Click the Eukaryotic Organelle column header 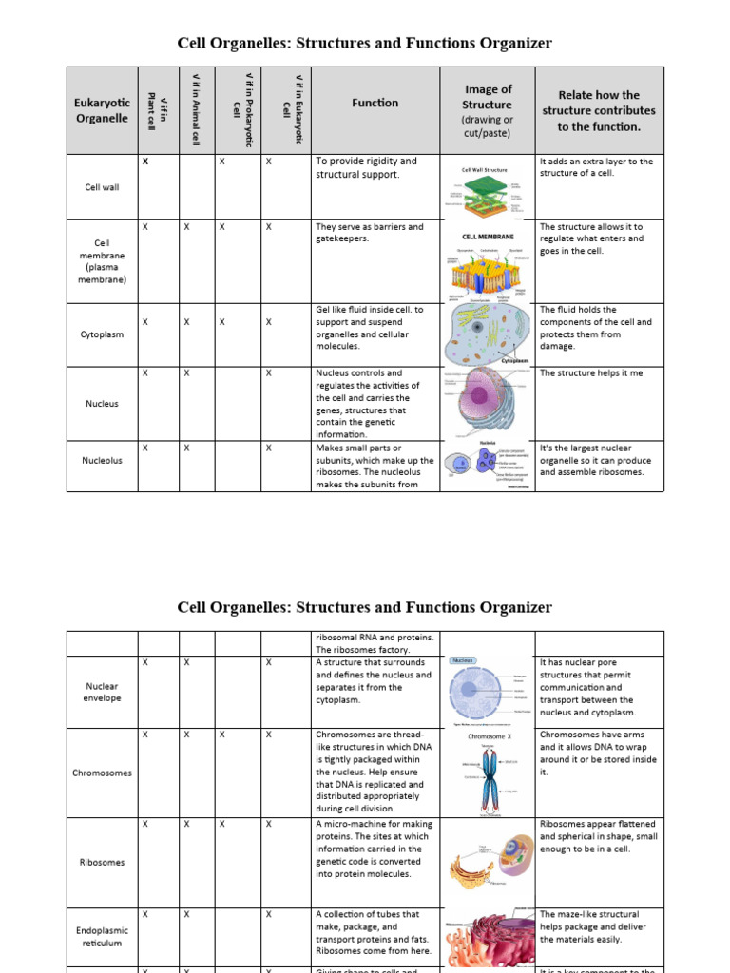point(102,110)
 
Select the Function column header point(375,103)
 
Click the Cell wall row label point(102,187)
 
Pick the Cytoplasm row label point(102,334)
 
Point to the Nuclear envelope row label point(102,691)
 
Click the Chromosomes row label point(102,773)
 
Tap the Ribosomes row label point(102,862)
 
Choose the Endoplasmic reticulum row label point(102,937)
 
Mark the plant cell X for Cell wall point(145,162)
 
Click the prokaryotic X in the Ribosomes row point(221,824)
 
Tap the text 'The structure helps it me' point(591,373)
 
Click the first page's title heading point(365,43)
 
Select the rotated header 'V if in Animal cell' point(197,108)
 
